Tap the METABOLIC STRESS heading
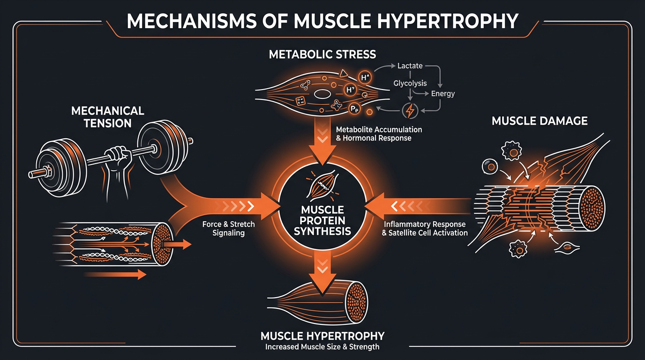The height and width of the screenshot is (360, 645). [x=322, y=54]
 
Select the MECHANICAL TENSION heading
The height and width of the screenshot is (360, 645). [x=107, y=117]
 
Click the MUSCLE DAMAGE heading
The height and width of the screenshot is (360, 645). [x=540, y=121]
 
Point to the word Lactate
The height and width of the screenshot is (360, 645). [x=410, y=66]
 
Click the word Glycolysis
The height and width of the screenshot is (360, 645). [x=410, y=83]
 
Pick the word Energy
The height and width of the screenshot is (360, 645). [x=443, y=93]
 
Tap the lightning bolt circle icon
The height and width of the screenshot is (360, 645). [x=410, y=111]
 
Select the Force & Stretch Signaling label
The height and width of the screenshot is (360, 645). [x=229, y=228]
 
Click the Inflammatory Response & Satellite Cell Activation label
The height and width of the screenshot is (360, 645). [x=425, y=228]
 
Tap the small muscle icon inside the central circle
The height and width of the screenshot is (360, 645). [x=322, y=187]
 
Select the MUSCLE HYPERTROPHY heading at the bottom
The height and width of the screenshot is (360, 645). [x=322, y=336]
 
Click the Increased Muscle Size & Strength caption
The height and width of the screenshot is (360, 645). [x=322, y=347]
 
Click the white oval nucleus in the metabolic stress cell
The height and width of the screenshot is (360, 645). [x=322, y=95]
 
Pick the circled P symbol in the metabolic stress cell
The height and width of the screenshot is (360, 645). [x=355, y=109]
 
